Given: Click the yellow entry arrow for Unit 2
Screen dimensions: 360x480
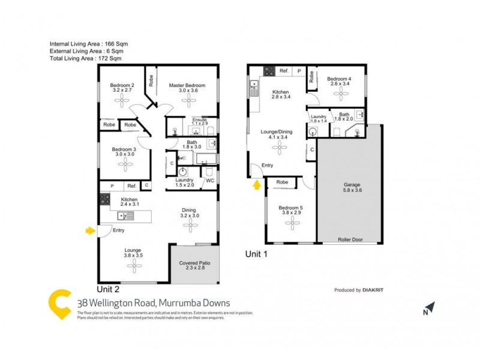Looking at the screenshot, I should pyautogui.click(x=91, y=230).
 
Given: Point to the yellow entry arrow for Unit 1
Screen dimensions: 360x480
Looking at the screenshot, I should pyautogui.click(x=257, y=185).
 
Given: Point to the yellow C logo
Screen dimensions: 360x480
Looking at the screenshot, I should pyautogui.click(x=61, y=305).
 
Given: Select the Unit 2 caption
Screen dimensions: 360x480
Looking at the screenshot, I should pyautogui.click(x=112, y=288).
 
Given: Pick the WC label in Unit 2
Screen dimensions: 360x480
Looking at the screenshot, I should pyautogui.click(x=210, y=180).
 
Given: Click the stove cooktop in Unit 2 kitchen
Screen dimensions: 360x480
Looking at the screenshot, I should pyautogui.click(x=104, y=200).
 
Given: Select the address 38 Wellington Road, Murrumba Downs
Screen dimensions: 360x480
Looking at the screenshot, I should pyautogui.click(x=154, y=303).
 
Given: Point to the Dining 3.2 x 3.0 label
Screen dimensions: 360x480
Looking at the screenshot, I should pyautogui.click(x=190, y=212).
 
